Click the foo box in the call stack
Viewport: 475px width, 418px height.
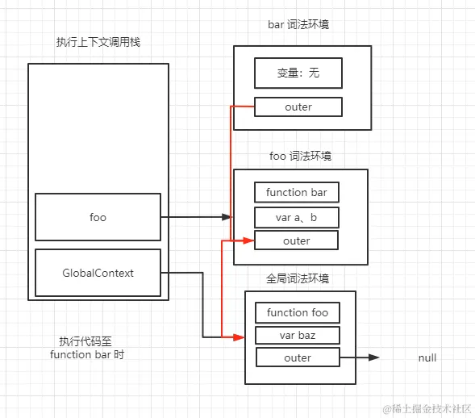(98, 217)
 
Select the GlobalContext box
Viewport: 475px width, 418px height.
(98, 273)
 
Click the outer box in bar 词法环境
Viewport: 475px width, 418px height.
(298, 107)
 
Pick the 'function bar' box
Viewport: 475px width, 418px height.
(297, 192)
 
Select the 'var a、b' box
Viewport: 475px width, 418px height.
(297, 217)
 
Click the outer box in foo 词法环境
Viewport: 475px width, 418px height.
(297, 240)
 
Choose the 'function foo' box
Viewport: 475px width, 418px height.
(298, 312)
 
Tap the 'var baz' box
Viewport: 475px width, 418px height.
(298, 336)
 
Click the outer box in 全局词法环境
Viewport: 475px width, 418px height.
(298, 357)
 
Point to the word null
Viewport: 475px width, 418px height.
(427, 357)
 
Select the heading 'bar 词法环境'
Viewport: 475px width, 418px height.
(298, 25)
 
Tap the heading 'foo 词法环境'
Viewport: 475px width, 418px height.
(300, 156)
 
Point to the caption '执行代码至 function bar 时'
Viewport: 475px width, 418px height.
(87, 348)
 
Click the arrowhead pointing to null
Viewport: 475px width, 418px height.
(374, 357)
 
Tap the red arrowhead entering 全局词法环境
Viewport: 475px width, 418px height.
(239, 336)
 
